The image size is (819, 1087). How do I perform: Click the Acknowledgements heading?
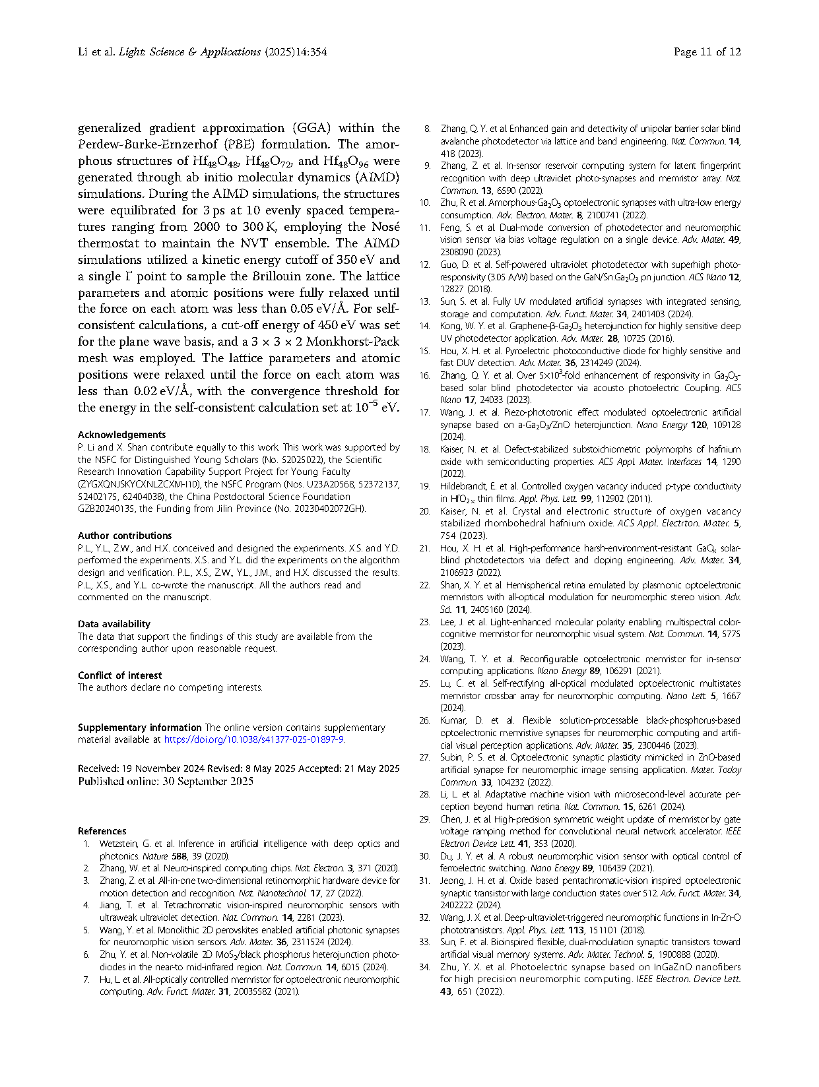pos(121,435)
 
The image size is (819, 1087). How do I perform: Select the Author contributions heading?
pos(125,536)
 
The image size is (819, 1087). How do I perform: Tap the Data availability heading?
pos(114,624)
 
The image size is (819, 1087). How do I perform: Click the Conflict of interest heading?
pos(119,675)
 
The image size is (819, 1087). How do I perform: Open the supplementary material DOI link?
pos(253,739)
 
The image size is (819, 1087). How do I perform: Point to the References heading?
pos(102,831)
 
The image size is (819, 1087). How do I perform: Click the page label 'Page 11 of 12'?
pos(707,52)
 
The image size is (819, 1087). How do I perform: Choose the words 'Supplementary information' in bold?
pos(140,728)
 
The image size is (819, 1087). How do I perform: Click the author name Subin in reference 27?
pos(453,757)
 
